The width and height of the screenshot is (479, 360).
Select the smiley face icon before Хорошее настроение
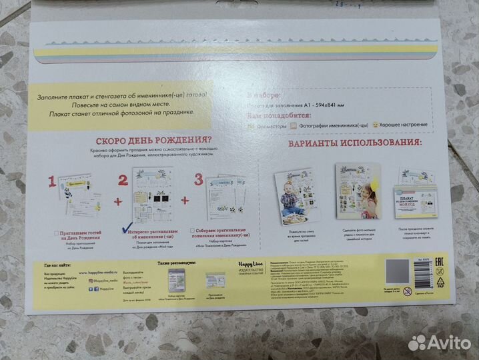click(358, 125)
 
